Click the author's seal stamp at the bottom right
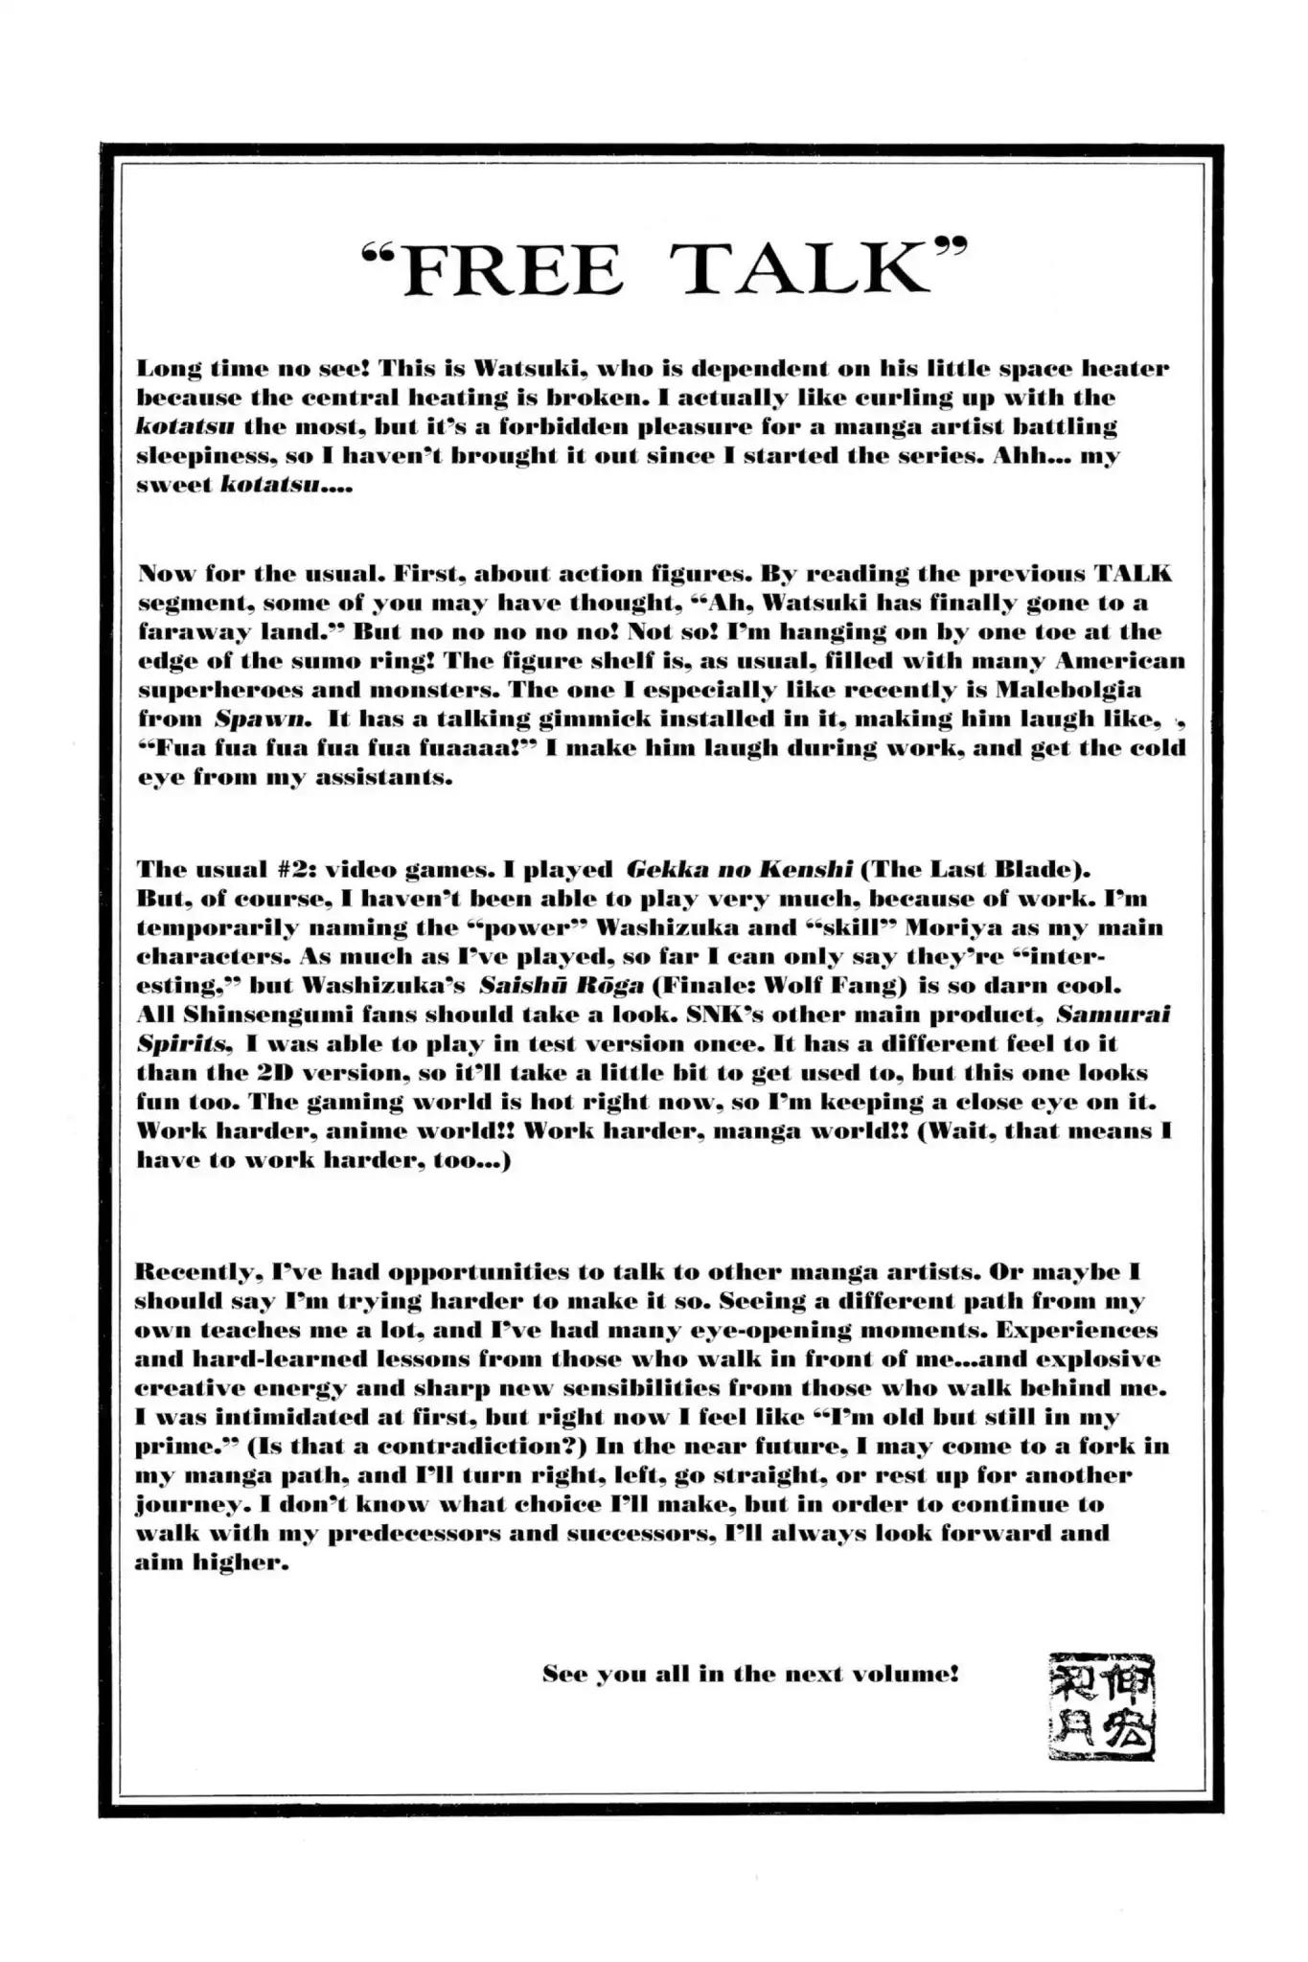click(x=1100, y=1706)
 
